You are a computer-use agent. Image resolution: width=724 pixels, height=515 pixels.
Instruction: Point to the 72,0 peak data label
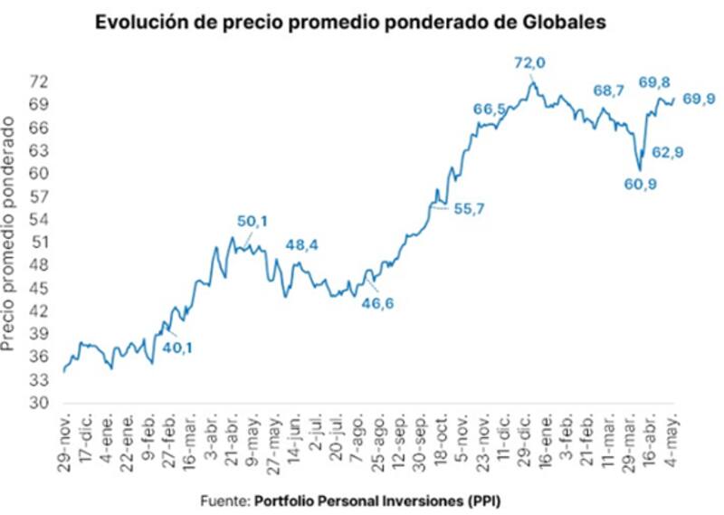point(531,62)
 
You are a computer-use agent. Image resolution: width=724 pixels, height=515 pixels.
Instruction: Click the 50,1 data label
point(254,222)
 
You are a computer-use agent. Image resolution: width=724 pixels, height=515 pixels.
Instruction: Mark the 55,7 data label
point(469,208)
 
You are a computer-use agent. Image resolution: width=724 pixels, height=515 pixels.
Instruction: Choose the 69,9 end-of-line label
point(699,99)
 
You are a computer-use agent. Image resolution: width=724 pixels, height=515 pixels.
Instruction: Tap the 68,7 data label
point(608,91)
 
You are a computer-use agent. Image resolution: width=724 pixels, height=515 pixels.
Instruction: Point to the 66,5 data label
point(490,110)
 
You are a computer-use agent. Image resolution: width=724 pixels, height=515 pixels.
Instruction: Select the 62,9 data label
point(667,152)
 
